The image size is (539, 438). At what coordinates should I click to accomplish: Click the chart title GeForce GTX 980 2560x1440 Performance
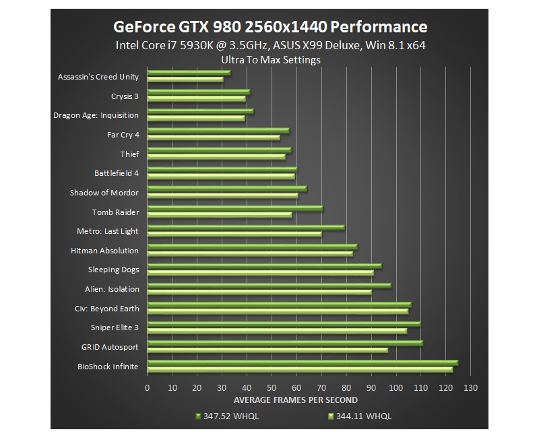[x=269, y=27]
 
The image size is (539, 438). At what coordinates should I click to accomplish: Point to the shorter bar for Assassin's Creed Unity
[x=185, y=80]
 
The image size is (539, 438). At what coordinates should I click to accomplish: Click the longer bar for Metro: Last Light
[x=245, y=228]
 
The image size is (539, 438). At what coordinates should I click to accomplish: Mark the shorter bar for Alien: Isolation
[x=259, y=292]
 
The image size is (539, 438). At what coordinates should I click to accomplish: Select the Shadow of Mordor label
[x=104, y=193]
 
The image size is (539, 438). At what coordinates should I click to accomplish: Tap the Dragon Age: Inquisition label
[x=96, y=115]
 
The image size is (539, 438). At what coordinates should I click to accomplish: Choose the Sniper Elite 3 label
[x=115, y=327]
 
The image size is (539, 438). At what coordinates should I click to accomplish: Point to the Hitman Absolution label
[x=104, y=251]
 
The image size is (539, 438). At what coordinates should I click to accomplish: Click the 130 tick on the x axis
[x=470, y=387]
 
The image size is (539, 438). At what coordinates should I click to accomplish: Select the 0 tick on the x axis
[x=148, y=387]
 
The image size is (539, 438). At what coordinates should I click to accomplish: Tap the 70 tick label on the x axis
[x=321, y=387]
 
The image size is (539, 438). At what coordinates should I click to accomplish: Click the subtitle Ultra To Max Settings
[x=270, y=59]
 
